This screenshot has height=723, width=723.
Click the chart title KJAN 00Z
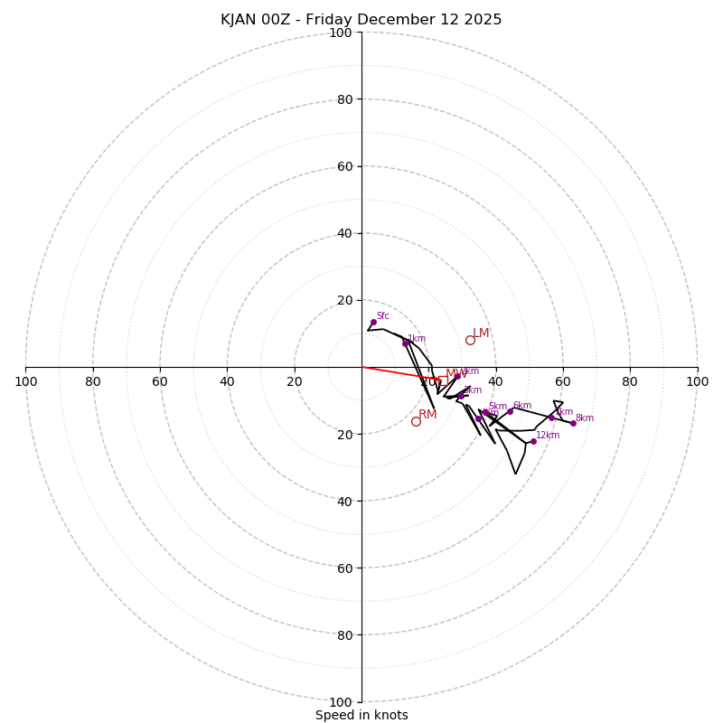tap(361, 20)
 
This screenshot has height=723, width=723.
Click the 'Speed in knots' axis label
tap(361, 715)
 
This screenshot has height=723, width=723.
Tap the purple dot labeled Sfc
tap(373, 322)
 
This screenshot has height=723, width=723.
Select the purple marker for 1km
tap(405, 343)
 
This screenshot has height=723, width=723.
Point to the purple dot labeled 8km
tap(573, 423)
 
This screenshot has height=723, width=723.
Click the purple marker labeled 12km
tap(533, 441)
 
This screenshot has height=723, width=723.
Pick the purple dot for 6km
tap(510, 411)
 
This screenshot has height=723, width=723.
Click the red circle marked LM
tap(470, 340)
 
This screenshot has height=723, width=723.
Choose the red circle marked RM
tap(416, 421)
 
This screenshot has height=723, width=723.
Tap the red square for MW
tap(437, 380)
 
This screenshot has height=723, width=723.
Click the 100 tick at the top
tap(341, 33)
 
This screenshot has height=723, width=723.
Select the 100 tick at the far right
tap(697, 381)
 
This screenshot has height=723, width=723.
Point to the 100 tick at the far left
tap(25, 381)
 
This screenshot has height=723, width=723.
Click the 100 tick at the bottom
tap(341, 701)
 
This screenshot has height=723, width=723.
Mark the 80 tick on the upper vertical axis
tap(343, 99)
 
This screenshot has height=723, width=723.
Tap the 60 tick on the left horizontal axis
tap(160, 381)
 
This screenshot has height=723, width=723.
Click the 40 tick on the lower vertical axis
tap(343, 501)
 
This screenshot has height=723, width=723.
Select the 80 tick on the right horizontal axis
tap(630, 381)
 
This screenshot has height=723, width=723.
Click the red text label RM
tap(427, 415)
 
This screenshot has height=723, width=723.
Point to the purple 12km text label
tap(548, 436)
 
